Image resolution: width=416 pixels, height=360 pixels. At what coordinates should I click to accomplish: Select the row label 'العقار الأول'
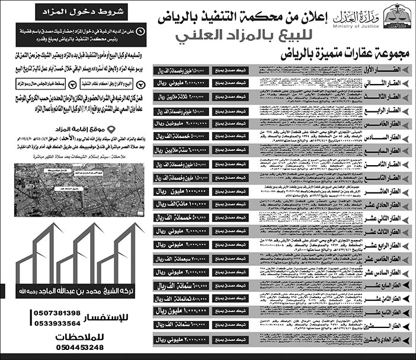pyautogui.click(x=391, y=70)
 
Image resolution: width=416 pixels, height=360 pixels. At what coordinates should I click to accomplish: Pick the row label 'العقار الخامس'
pyautogui.click(x=391, y=124)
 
